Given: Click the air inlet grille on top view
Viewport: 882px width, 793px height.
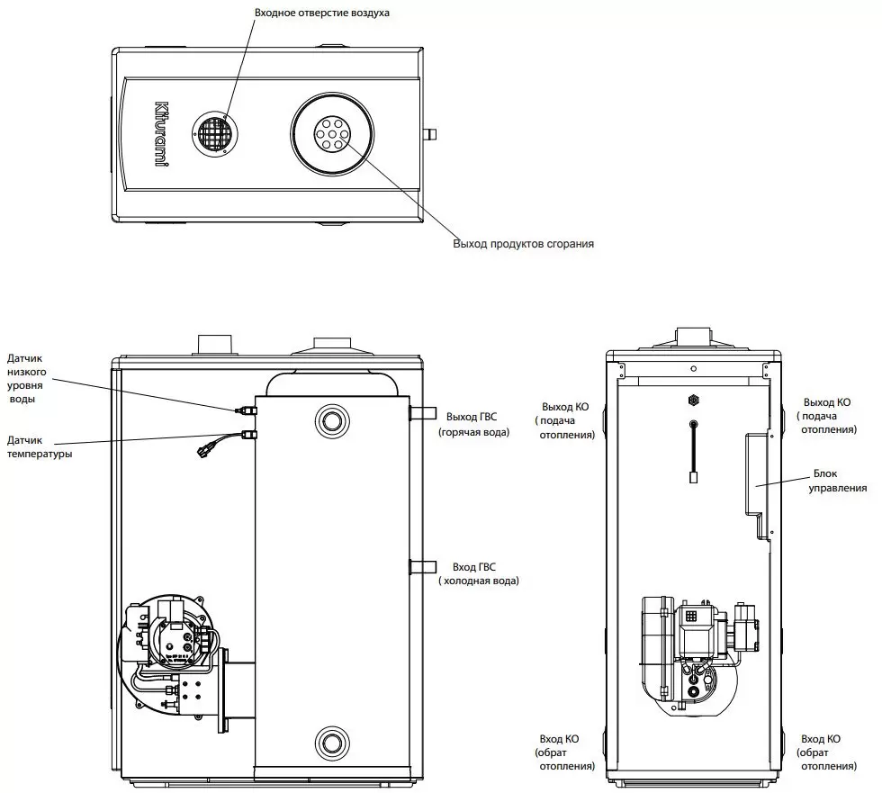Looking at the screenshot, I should pos(214,136).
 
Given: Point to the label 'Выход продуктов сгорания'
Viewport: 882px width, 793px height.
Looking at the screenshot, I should pos(523,243).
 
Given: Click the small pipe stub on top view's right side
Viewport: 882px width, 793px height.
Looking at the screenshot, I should pos(430,136).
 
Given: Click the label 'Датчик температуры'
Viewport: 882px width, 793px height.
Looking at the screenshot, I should pos(40,447).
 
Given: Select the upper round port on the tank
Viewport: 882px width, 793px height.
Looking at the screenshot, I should pos(331,419).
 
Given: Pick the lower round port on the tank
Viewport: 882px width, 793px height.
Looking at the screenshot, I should pos(331,743).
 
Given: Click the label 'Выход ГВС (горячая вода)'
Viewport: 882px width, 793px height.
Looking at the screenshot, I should pos(473,424).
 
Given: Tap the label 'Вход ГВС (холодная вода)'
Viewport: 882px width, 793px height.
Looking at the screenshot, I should pos(478,573).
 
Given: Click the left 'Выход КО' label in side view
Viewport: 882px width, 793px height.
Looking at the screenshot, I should pos(568,420).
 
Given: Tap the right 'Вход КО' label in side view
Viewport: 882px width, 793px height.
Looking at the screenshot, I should pos(826,752).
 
